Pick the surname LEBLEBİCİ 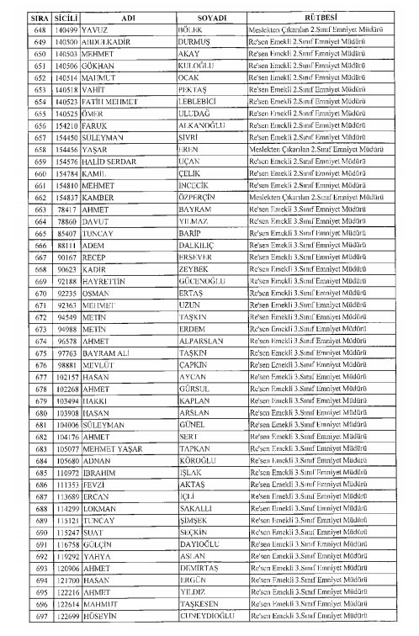click(x=178, y=99)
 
